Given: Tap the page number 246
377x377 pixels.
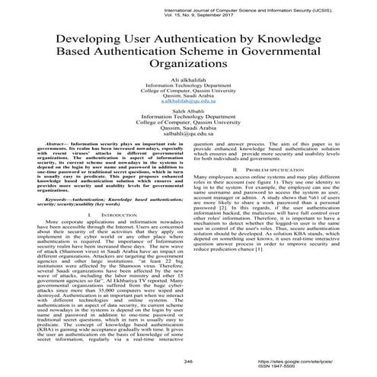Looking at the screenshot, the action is [188, 362].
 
